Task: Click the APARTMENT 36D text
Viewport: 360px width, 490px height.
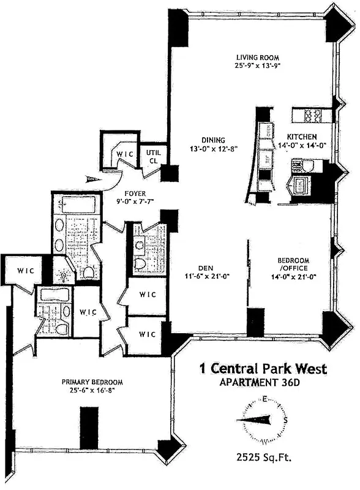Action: point(264,383)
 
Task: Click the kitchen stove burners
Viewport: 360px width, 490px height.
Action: point(312,115)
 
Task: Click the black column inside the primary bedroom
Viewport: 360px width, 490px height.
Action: point(89,427)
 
